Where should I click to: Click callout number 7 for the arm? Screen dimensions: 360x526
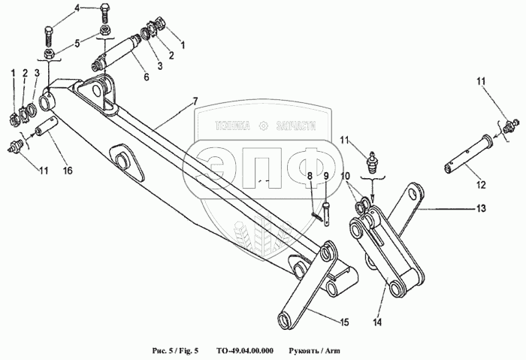195,101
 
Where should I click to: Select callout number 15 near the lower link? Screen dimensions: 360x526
344,322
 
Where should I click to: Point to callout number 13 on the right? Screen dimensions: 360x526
481,207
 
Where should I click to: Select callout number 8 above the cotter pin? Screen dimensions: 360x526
310,176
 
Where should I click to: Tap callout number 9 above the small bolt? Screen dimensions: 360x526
325,176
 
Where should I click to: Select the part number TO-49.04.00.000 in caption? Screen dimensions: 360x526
244,350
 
